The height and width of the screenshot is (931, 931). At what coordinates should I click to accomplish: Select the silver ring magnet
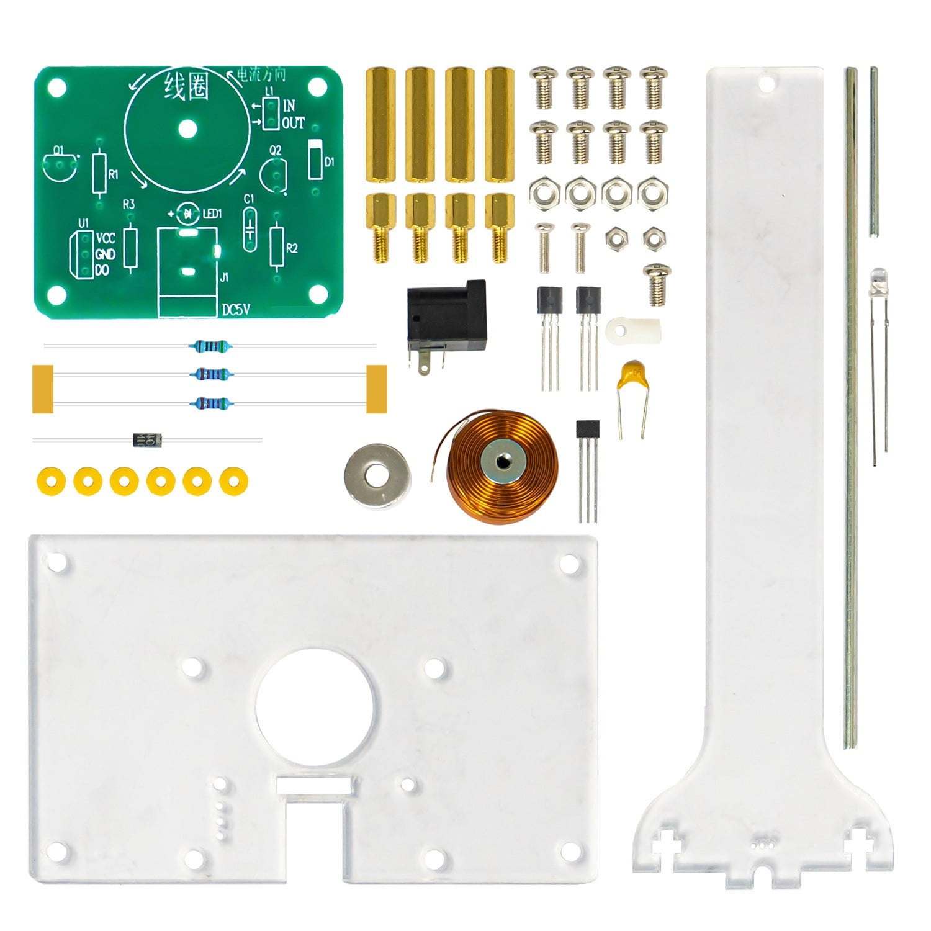click(x=376, y=475)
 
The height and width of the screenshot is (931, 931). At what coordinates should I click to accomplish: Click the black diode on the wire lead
click(x=147, y=440)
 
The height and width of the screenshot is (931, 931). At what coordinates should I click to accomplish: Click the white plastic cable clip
click(x=633, y=333)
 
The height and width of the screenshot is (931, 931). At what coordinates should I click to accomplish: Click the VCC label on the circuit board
click(x=106, y=239)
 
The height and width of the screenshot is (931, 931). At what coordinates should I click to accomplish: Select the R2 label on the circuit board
click(x=292, y=248)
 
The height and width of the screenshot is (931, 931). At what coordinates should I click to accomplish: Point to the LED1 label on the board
click(x=212, y=214)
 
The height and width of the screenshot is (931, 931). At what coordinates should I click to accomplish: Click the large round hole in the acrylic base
click(x=315, y=708)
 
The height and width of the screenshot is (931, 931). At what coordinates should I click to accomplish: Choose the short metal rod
click(x=874, y=152)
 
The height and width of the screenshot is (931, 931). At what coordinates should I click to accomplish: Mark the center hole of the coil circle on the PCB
click(x=187, y=129)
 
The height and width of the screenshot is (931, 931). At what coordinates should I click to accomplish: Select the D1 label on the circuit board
click(x=330, y=162)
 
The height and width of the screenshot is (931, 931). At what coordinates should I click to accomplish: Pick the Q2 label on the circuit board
click(x=275, y=151)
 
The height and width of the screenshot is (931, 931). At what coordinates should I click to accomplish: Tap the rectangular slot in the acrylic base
click(x=315, y=786)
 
